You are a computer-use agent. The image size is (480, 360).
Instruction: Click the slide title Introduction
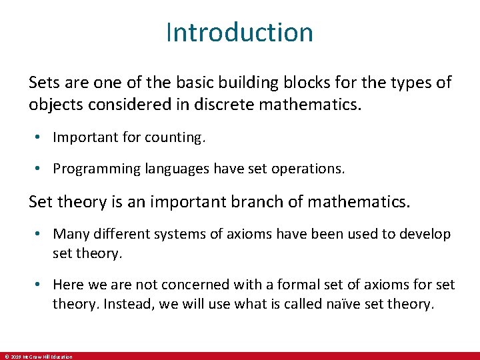click(239, 32)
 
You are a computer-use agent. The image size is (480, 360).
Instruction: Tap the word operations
click(311, 169)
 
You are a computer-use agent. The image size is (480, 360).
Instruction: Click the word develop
click(427, 234)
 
